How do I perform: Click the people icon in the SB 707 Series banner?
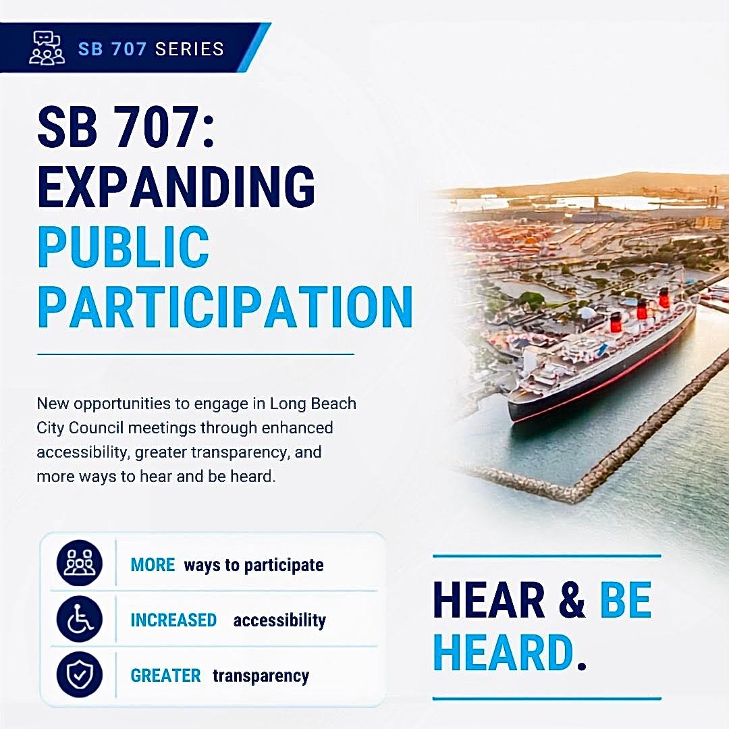47,48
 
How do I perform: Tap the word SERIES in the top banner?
190,49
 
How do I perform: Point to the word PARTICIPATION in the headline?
225,307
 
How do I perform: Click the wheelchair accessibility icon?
80,619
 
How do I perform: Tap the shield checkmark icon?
80,674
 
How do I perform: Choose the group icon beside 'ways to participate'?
80,563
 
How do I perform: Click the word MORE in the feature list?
153,565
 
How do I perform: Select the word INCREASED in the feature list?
173,620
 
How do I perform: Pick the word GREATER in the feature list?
165,676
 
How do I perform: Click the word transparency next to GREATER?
261,676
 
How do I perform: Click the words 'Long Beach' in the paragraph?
313,403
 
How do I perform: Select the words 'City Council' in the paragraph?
80,428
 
